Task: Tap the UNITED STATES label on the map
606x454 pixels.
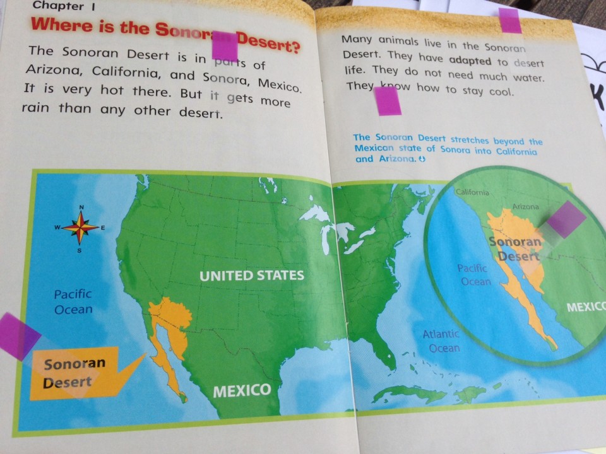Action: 252,276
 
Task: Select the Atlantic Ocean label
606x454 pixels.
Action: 441,341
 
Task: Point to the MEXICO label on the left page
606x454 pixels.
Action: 242,390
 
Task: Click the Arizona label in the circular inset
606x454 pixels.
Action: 525,207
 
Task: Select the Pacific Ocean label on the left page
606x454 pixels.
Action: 73,301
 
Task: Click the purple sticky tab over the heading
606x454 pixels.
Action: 225,46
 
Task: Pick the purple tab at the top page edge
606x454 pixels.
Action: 510,21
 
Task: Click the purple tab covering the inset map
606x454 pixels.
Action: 565,219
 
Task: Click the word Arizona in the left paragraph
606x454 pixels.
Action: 54,70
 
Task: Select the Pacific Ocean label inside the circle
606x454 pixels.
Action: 473,275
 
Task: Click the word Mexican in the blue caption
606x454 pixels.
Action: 377,148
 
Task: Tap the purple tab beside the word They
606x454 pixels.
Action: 388,101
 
